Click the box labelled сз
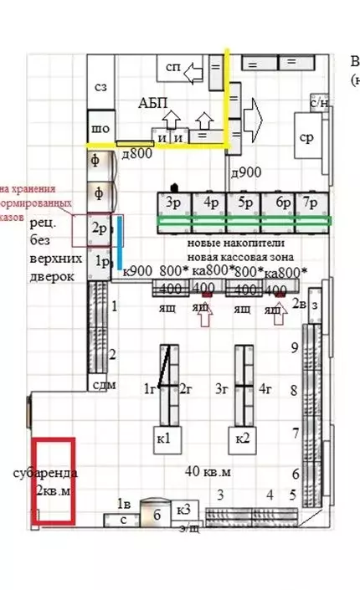(x=100, y=86)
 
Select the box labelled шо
(x=100, y=129)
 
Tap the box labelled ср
(x=307, y=138)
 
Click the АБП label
(x=153, y=103)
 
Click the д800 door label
(x=137, y=153)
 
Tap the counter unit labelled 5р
(x=244, y=203)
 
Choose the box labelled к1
(x=164, y=438)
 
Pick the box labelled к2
(x=241, y=438)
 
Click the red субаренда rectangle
(x=54, y=480)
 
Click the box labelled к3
(x=183, y=510)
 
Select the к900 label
(x=137, y=270)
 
